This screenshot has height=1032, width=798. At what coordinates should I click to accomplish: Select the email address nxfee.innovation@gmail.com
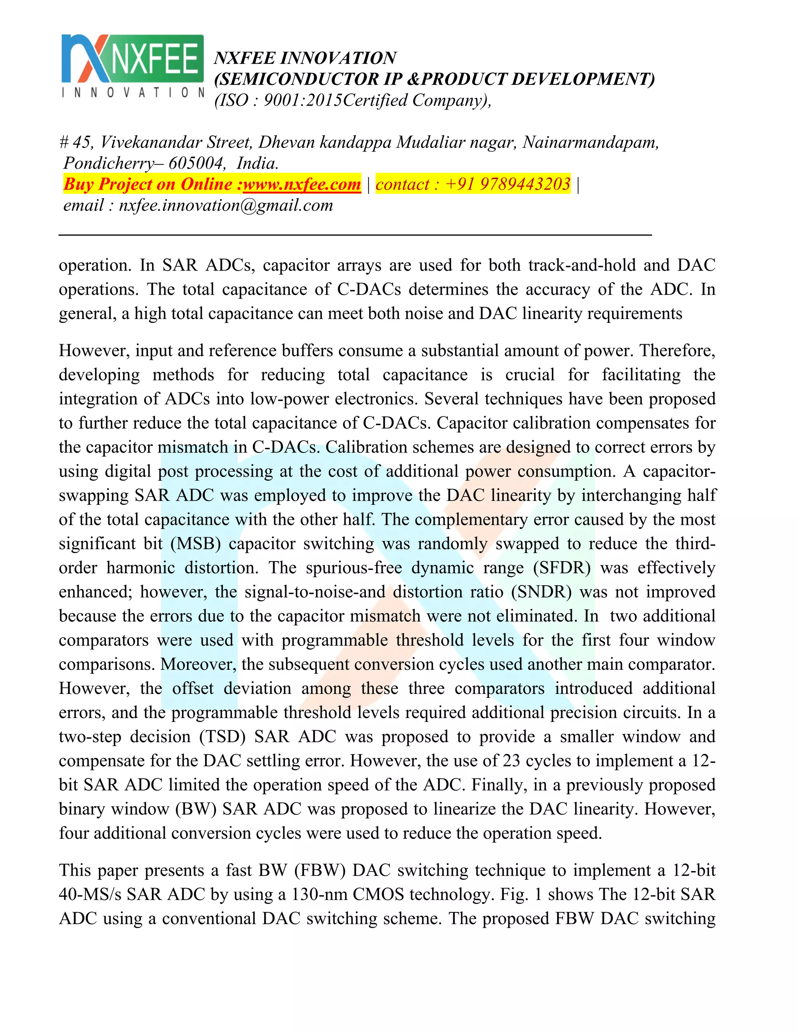pos(226,205)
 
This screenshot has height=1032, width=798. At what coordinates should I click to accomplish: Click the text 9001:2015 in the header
pos(302,100)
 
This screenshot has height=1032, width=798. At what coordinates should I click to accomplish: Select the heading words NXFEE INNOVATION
pos(305,58)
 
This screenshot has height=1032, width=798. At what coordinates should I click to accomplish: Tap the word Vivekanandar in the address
pos(152,142)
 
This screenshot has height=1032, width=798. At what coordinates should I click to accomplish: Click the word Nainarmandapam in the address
pos(590,142)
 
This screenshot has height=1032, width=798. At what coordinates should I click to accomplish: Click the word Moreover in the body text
pos(198,664)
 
